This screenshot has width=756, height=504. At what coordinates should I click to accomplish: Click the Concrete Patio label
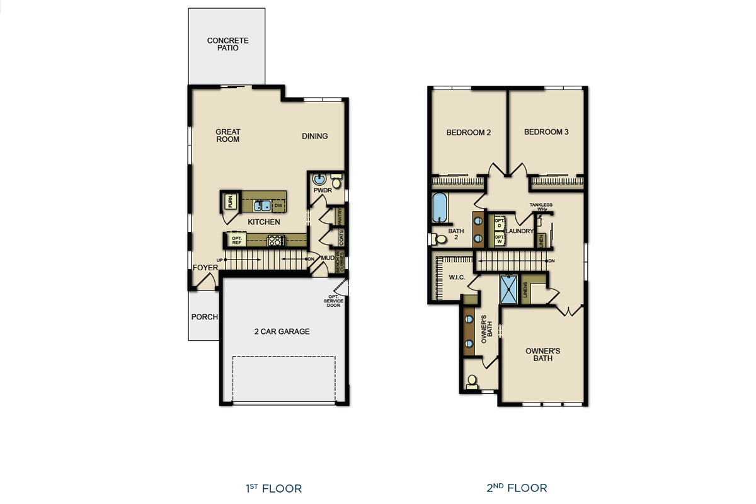tap(227, 44)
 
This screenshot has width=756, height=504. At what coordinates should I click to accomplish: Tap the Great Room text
tap(227, 135)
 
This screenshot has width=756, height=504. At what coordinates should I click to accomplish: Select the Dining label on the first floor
tap(314, 136)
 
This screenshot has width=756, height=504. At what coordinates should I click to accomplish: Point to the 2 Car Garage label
tap(282, 331)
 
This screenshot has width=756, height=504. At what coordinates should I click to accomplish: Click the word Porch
tap(204, 317)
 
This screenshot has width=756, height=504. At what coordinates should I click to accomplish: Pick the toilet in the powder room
tap(336, 183)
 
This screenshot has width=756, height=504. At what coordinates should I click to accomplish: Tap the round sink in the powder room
tap(318, 178)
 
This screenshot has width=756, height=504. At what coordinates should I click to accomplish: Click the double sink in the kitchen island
tap(262, 205)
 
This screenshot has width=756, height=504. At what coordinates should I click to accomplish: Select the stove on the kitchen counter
tap(275, 240)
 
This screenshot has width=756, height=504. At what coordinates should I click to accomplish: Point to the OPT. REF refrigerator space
tap(236, 240)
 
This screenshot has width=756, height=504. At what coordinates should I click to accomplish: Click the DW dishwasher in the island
tap(278, 205)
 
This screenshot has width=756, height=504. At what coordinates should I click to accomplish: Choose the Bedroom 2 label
tap(468, 132)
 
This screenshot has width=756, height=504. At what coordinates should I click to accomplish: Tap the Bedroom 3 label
tap(546, 132)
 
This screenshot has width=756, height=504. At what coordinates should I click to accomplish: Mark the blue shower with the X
tap(508, 289)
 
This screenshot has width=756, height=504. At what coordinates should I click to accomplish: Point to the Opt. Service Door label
tap(333, 301)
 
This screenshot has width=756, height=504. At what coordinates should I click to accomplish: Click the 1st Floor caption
tap(273, 488)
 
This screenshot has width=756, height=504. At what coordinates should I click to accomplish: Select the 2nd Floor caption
tap(517, 488)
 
